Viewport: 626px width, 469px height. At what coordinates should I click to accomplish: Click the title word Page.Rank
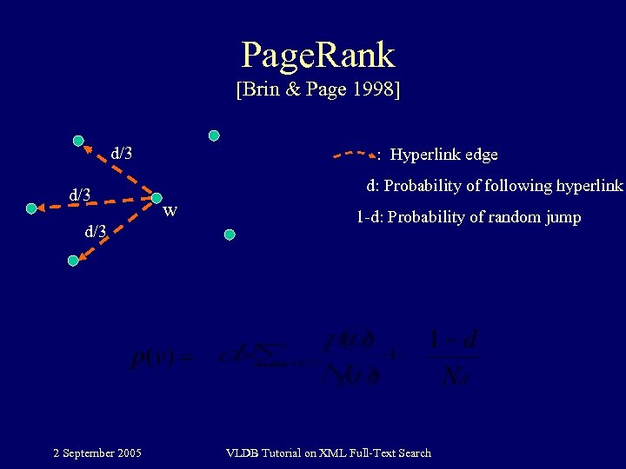(x=317, y=55)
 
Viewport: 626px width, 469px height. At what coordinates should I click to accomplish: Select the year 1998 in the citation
(x=375, y=89)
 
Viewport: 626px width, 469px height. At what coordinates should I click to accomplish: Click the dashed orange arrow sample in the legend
(x=356, y=155)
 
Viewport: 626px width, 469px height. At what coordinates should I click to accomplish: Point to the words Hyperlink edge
(x=443, y=155)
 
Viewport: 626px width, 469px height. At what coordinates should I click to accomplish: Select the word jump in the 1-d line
(x=563, y=217)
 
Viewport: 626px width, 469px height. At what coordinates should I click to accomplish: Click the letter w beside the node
(x=171, y=209)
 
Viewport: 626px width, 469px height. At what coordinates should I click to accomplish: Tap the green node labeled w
(x=156, y=199)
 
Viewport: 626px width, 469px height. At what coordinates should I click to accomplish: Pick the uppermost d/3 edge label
(x=122, y=154)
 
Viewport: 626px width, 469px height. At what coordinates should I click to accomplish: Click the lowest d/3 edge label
(x=95, y=231)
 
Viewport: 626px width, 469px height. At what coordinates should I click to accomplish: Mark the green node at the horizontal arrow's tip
(x=32, y=208)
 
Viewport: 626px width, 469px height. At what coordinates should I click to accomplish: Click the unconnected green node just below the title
(x=213, y=135)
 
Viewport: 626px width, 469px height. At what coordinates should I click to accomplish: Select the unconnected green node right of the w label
(x=230, y=234)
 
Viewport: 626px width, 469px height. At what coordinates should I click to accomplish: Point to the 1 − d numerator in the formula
(x=455, y=338)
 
